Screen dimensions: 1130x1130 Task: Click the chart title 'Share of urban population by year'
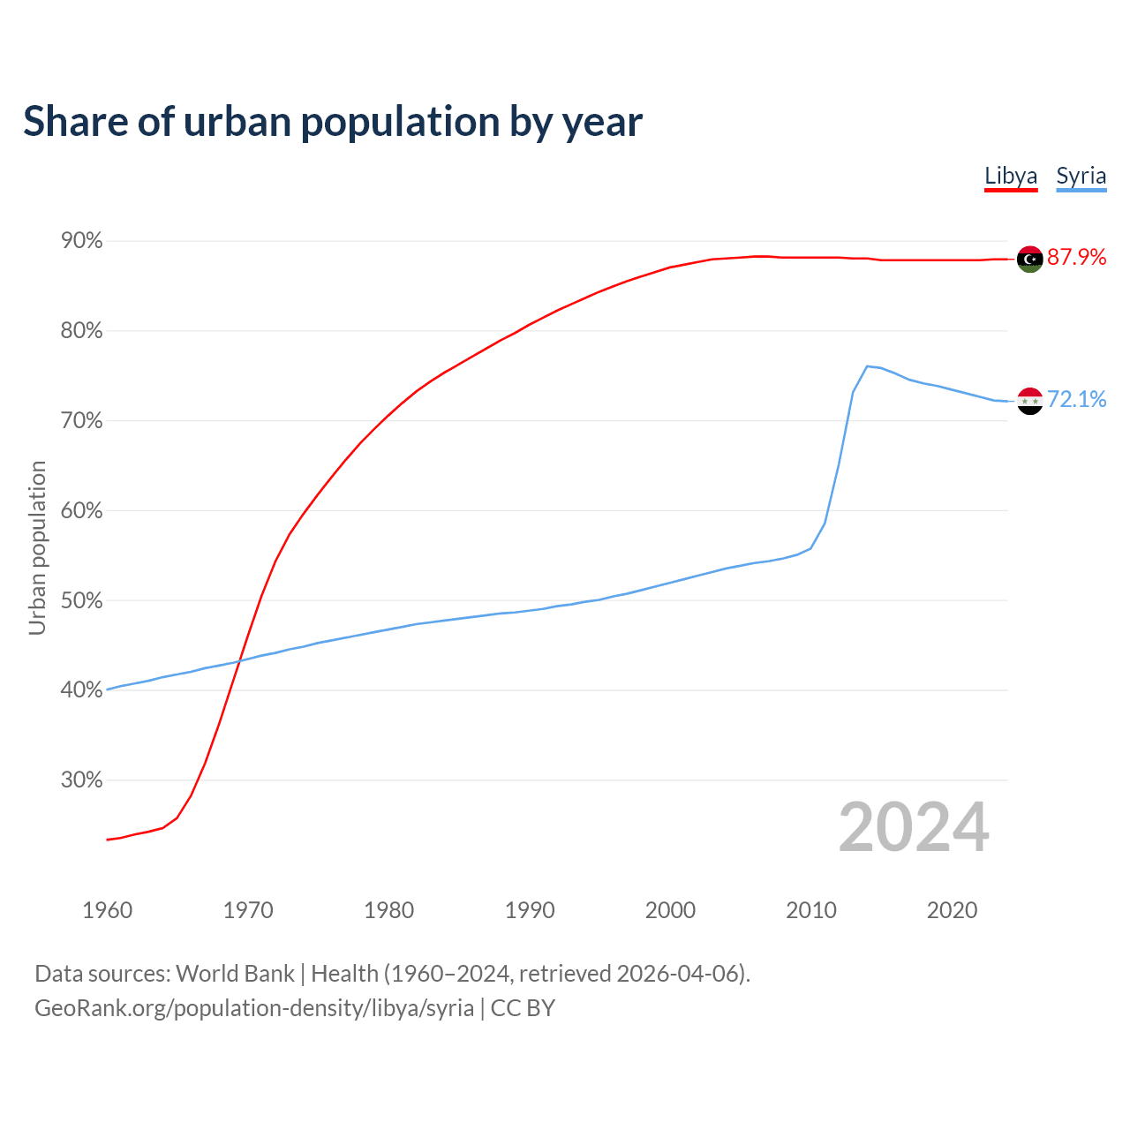[x=333, y=122]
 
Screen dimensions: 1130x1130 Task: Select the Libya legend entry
[x=1011, y=176]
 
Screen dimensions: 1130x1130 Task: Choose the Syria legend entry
[x=1081, y=176]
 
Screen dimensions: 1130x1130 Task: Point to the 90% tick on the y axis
[x=81, y=241]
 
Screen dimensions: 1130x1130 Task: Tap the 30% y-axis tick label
[x=81, y=780]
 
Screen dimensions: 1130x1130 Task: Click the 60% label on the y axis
[x=81, y=511]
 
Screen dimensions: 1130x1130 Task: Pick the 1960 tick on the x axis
[x=107, y=910]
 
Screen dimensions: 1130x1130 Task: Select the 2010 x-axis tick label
[x=810, y=910]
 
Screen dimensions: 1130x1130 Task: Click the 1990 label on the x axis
[x=530, y=910]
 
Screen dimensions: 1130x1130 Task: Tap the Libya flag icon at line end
[x=1029, y=259]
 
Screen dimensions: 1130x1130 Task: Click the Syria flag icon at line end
[x=1029, y=401]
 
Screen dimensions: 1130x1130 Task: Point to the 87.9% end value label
[x=1076, y=257]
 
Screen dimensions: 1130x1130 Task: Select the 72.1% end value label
[x=1076, y=400]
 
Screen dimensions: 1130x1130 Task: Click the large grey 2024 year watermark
[x=914, y=827]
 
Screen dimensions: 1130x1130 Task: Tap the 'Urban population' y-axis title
[x=37, y=547]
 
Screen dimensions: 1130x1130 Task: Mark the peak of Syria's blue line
[x=867, y=365]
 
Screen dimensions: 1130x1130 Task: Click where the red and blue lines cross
[x=239, y=660]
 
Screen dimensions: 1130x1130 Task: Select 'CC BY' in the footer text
[x=523, y=1008]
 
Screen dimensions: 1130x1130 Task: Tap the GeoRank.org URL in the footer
[x=254, y=1008]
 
